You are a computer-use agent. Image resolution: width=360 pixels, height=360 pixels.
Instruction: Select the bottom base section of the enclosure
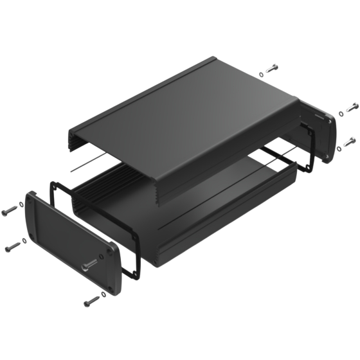click(x=212, y=219)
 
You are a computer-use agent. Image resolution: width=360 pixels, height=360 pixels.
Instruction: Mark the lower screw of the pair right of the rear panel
click(x=350, y=140)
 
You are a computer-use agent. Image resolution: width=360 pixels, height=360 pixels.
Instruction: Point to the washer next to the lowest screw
click(x=104, y=294)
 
